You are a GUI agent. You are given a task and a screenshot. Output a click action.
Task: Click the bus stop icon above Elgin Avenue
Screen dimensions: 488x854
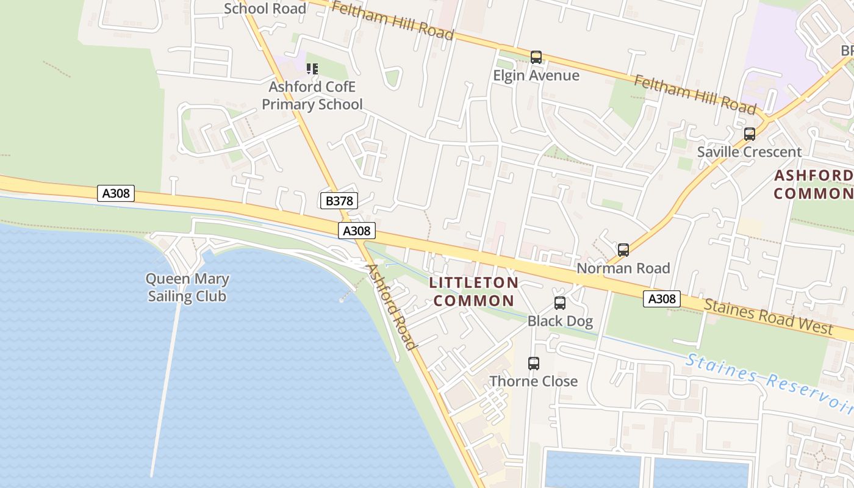536,57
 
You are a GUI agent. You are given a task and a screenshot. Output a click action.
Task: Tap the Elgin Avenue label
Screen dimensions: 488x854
536,76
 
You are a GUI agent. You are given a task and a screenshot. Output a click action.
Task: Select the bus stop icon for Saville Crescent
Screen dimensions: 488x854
749,134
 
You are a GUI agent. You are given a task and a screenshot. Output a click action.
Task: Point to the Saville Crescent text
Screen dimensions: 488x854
749,152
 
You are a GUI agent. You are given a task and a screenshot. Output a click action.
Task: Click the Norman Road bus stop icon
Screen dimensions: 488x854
623,250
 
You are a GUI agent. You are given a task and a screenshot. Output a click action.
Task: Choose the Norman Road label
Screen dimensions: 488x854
623,268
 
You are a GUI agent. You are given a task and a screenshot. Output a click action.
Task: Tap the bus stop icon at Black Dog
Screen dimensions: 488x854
559,303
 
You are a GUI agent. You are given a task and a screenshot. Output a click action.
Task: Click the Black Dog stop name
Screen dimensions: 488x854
560,321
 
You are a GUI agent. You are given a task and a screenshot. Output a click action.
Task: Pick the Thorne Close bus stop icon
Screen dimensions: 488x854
534,364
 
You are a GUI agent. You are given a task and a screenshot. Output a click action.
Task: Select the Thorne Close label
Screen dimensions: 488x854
533,381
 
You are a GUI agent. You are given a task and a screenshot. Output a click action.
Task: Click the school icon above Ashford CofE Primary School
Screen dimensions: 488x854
312,69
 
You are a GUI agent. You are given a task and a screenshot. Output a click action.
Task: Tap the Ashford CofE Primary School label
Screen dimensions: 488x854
312,96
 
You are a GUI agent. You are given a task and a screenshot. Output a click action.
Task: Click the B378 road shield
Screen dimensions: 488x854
339,200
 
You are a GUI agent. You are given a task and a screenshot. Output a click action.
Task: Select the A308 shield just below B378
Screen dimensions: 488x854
357,231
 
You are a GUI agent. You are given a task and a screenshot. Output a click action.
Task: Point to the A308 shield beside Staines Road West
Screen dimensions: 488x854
662,299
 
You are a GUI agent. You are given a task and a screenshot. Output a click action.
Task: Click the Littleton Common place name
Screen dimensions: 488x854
473,292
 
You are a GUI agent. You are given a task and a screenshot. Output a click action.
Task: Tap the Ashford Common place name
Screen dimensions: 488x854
813,185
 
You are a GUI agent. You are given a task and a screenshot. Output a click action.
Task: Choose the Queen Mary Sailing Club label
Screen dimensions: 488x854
187,288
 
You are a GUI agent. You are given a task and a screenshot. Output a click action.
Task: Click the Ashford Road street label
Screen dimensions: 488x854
391,306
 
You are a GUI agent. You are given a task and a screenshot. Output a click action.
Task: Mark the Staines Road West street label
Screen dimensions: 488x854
768,317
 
